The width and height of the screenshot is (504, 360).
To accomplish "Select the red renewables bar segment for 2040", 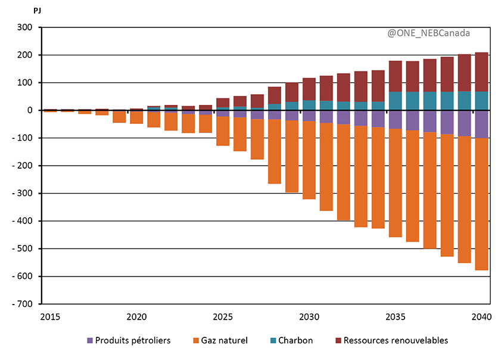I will pos(481,72).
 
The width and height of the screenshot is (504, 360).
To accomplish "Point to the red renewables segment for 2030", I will pos(309,89).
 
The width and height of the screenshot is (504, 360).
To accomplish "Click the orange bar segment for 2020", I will pos(136,117).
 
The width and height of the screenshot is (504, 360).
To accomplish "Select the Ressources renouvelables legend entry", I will pos(390,340).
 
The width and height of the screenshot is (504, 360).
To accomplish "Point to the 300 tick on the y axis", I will pos(24,27).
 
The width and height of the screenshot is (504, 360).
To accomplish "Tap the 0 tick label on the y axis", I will pos(29,110).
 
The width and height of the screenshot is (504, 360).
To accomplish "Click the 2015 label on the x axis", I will pos(50,316).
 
